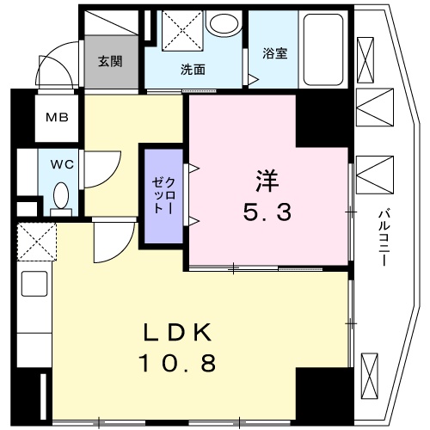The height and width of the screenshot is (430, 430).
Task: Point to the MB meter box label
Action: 57,119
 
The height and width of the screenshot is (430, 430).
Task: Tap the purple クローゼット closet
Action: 163,198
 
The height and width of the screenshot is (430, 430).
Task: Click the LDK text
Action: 179,334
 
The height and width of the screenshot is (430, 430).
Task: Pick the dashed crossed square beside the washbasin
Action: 181,31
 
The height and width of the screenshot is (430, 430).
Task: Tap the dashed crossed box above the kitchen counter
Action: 35,242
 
